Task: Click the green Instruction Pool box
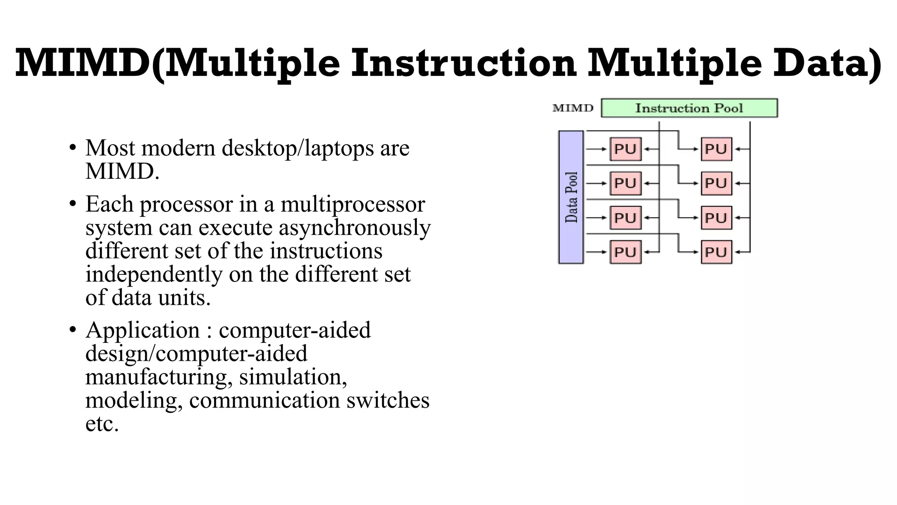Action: coord(689,108)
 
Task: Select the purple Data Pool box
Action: coord(571,197)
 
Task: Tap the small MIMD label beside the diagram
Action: coord(573,108)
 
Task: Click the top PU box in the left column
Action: coord(625,149)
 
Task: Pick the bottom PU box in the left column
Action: coord(625,252)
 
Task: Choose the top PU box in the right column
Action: coord(716,149)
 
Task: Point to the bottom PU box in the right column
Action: coord(716,252)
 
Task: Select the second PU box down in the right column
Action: coord(716,183)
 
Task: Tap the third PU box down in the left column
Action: coord(625,218)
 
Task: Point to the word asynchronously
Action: coord(355,228)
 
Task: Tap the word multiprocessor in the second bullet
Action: coord(353,204)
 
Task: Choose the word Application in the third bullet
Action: coord(142,330)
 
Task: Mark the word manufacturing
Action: coord(158,377)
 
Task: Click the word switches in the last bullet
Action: coord(388,400)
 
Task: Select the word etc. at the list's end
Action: coord(102,424)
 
